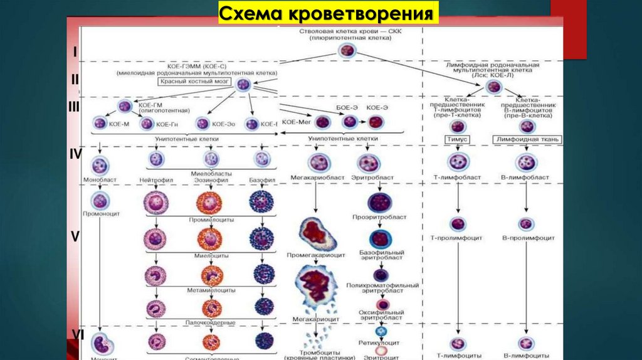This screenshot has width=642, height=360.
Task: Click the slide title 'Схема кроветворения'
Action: [x=328, y=14]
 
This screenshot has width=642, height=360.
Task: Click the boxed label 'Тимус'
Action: [x=458, y=139]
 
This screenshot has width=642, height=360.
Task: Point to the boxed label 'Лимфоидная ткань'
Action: [x=527, y=139]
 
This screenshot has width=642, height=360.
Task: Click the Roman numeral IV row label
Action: [x=75, y=153]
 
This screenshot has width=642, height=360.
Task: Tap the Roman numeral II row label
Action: [x=75, y=80]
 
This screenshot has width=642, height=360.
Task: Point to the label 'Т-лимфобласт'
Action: [x=458, y=178]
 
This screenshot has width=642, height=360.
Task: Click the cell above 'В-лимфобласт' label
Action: [x=526, y=162]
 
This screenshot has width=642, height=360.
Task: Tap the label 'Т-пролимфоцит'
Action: [x=458, y=238]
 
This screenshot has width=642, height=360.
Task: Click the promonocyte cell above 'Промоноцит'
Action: [x=100, y=200]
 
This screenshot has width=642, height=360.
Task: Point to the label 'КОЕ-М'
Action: [x=118, y=124]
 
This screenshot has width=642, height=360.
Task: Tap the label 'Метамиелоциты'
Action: [x=211, y=291]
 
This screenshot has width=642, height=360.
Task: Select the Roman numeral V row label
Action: [x=75, y=237]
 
